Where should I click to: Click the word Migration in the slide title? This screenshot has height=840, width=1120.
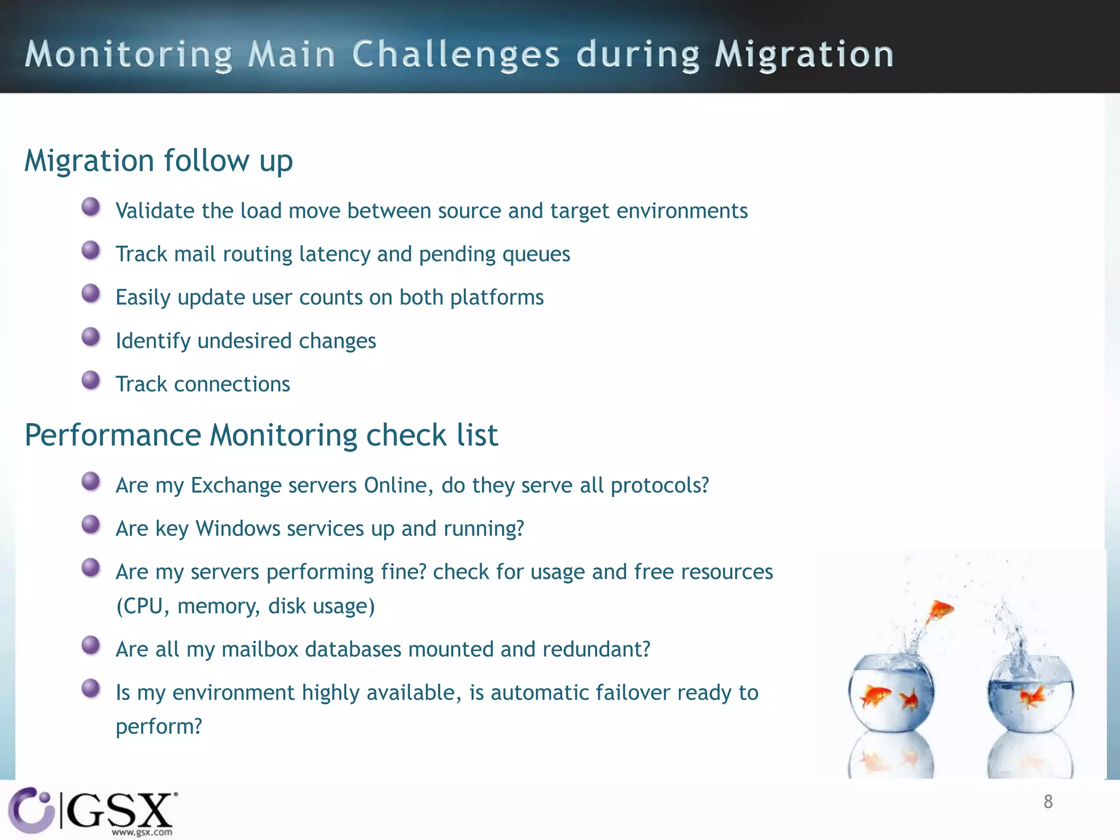[x=804, y=55]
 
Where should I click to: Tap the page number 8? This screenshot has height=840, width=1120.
[x=1048, y=802]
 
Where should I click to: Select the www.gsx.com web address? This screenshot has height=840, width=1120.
[x=142, y=832]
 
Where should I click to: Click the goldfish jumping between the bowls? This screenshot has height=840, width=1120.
[x=939, y=611]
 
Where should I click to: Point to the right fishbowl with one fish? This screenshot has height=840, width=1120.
[x=1030, y=695]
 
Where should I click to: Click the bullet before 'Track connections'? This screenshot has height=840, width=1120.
[x=91, y=380]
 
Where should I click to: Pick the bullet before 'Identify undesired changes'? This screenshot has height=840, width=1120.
[x=91, y=337]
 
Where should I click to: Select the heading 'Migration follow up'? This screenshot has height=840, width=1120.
[x=159, y=161]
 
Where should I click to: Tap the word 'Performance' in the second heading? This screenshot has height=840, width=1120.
[x=113, y=435]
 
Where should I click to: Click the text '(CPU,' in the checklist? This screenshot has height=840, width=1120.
[x=143, y=606]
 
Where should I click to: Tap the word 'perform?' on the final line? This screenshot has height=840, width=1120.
[x=159, y=727]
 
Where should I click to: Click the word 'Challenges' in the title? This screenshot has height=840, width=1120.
[x=456, y=55]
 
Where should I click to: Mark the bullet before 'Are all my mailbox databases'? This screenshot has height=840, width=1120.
[x=91, y=645]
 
